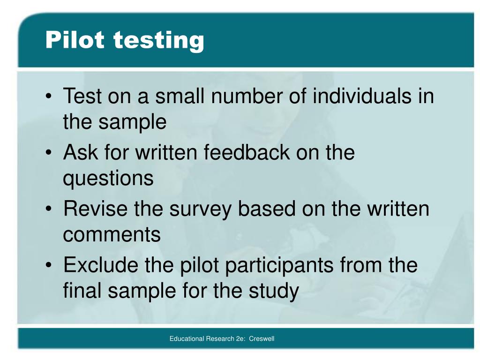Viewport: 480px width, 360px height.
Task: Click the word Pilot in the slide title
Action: click(x=75, y=40)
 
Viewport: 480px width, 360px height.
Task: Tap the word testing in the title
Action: click(x=158, y=41)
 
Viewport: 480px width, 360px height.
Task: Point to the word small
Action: click(x=180, y=97)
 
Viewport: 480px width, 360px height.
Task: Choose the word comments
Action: click(x=112, y=234)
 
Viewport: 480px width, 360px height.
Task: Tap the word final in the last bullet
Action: click(x=82, y=291)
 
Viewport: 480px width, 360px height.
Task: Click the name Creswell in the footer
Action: click(x=262, y=338)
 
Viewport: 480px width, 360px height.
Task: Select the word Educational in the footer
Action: click(x=187, y=338)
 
